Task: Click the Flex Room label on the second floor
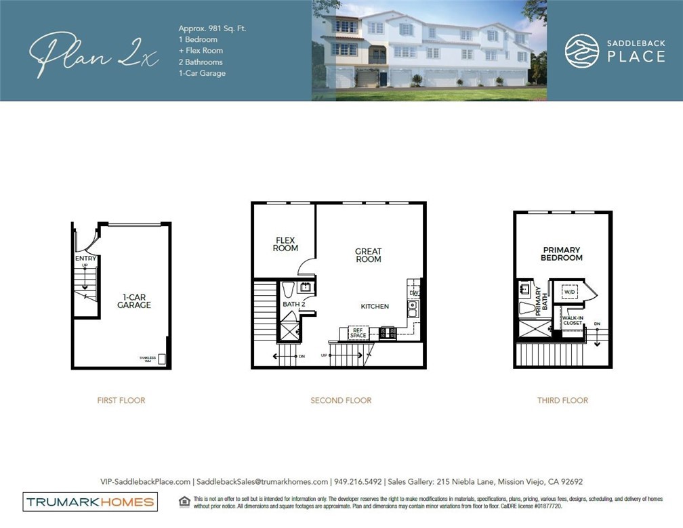point(285,244)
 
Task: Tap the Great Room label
point(368,255)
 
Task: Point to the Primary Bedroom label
point(562,254)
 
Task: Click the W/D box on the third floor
point(570,291)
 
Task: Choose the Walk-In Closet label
point(572,320)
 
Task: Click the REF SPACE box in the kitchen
point(358,332)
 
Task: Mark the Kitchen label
point(375,307)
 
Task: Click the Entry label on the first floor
point(86,259)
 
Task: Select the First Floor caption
point(121,400)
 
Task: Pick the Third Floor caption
point(562,400)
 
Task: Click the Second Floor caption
point(341,400)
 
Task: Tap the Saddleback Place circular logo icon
point(581,51)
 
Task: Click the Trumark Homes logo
point(90,502)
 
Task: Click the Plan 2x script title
point(94,53)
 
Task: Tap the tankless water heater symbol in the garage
point(162,359)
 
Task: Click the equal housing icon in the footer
point(184,502)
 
